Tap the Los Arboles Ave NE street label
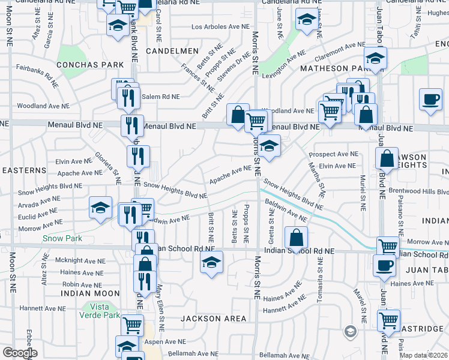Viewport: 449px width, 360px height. [220, 27]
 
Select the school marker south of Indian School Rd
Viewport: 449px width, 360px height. [211, 262]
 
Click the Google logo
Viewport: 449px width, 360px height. [20, 353]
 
